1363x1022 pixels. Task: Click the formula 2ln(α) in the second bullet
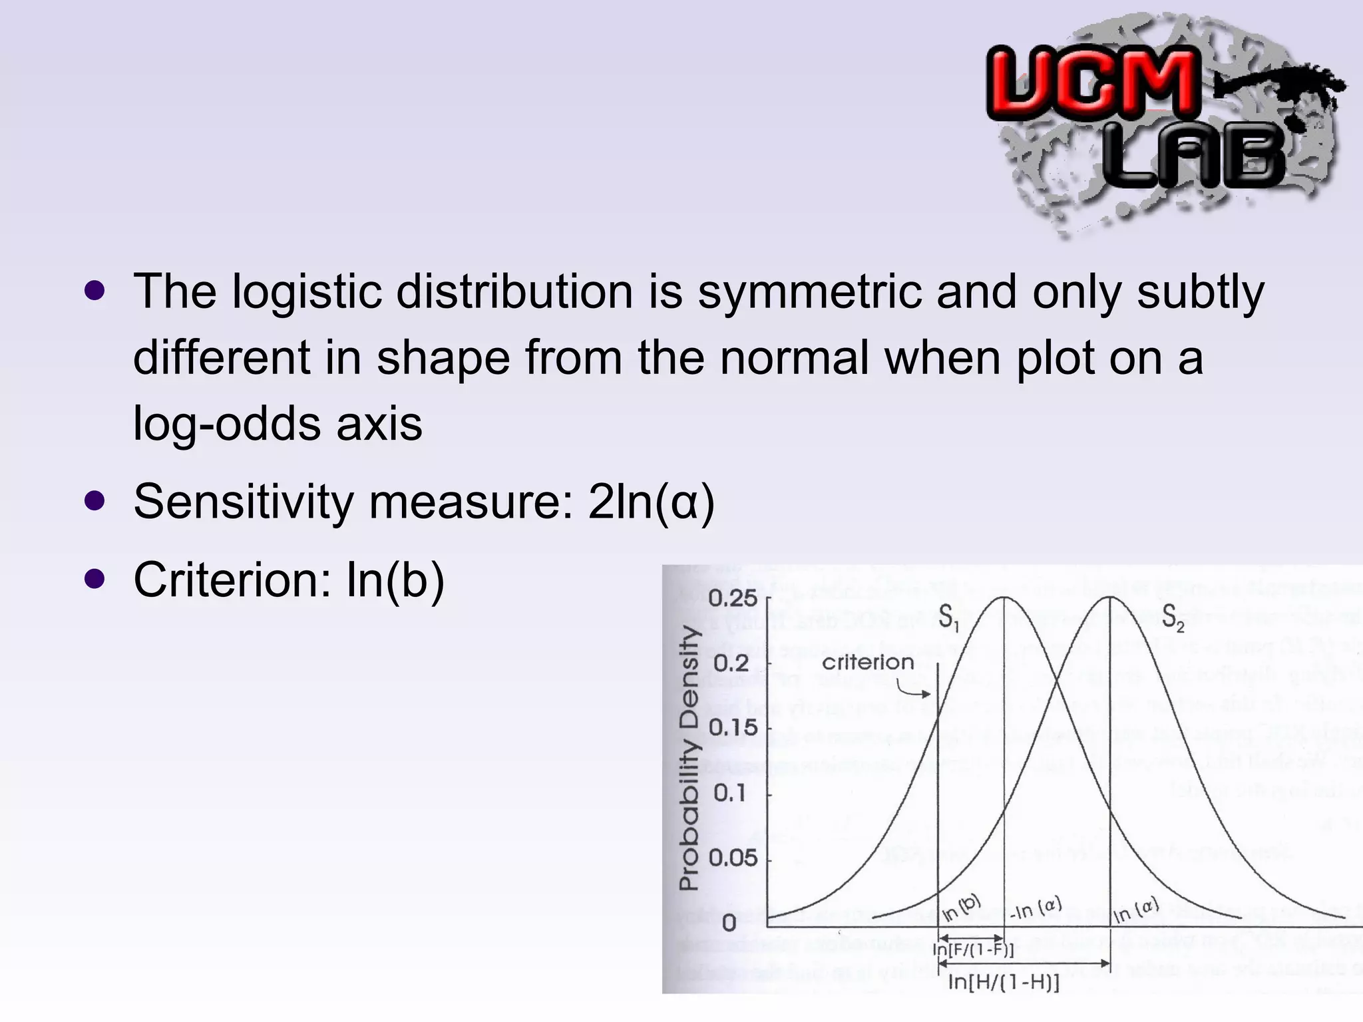(x=651, y=502)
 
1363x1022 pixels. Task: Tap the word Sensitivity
(x=244, y=502)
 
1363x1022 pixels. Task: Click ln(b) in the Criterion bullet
(x=395, y=580)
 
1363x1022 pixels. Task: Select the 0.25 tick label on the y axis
(x=733, y=598)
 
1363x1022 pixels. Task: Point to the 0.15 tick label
(x=733, y=727)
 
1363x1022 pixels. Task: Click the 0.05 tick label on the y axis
(x=733, y=858)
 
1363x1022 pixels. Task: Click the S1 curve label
(x=948, y=618)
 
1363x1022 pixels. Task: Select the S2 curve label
(x=1173, y=618)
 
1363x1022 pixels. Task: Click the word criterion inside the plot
(x=868, y=662)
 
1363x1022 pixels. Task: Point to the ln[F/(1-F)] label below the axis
(x=973, y=949)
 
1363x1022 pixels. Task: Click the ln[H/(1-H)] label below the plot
(x=1004, y=982)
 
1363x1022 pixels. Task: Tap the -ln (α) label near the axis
(x=1036, y=908)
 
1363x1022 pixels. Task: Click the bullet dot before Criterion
(x=95, y=579)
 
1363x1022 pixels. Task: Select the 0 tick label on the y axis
(x=729, y=923)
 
